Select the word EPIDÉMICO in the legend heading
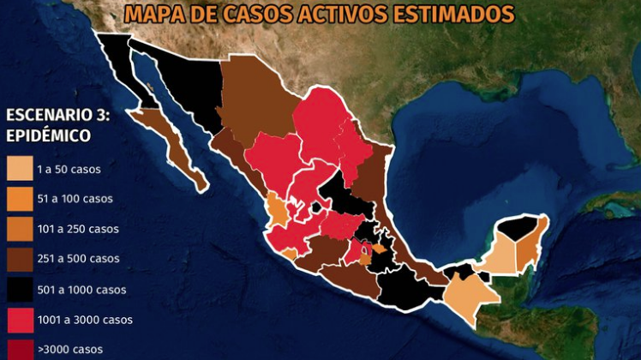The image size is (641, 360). pyautogui.click(x=49, y=135)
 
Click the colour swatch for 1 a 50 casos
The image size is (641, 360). pyautogui.click(x=18, y=168)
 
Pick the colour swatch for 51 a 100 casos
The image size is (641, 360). pyautogui.click(x=18, y=198)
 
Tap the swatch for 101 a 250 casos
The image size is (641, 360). pyautogui.click(x=18, y=228)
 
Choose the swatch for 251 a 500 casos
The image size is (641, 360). pyautogui.click(x=18, y=258)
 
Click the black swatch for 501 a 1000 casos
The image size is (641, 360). pyautogui.click(x=18, y=289)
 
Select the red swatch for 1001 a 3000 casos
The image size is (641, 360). pyautogui.click(x=18, y=319)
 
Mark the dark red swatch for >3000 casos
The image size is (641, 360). pyautogui.click(x=18, y=347)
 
